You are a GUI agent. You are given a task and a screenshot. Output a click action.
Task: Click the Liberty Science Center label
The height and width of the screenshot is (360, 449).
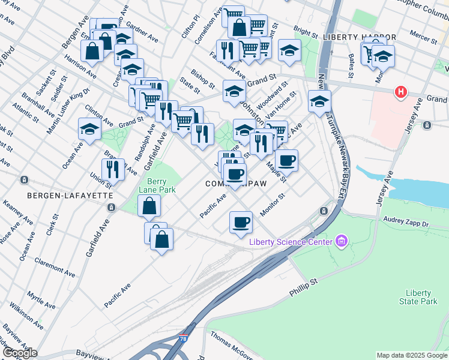tap(291, 242)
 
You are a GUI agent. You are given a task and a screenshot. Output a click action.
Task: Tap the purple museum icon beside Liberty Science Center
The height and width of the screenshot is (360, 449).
tap(342, 242)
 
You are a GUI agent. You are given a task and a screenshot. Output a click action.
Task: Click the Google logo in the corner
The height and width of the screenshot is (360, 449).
tap(19, 353)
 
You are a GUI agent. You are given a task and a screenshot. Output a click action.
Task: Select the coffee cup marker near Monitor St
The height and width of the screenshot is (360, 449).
tap(241, 222)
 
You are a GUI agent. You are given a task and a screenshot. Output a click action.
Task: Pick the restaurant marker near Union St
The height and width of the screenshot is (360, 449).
tap(113, 169)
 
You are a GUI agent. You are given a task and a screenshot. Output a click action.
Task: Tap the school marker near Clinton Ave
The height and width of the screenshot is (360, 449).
tap(89, 129)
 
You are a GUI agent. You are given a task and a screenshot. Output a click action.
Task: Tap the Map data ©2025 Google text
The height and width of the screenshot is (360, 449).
tap(412, 355)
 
